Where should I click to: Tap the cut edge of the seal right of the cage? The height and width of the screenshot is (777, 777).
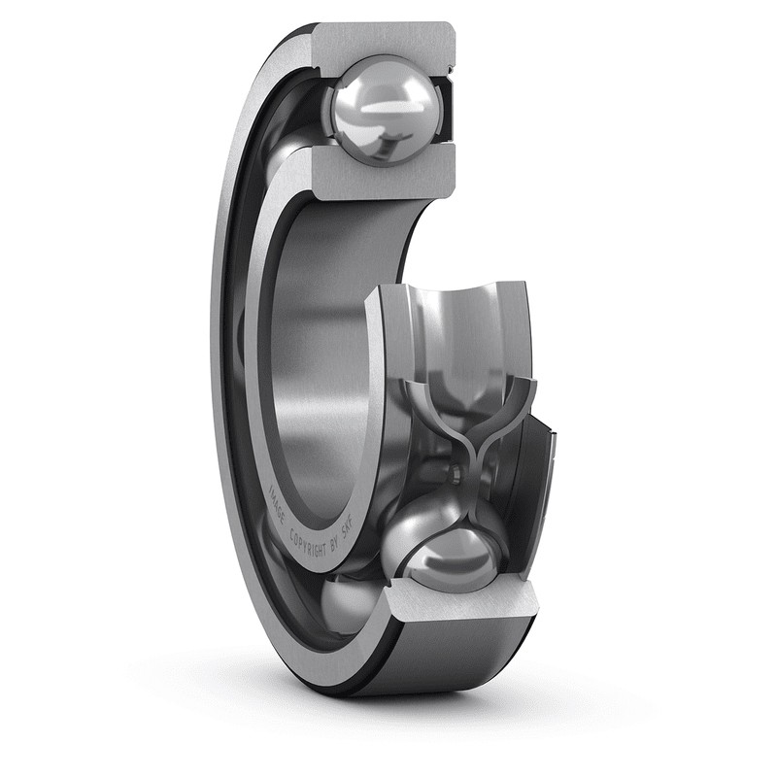point(545,466)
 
